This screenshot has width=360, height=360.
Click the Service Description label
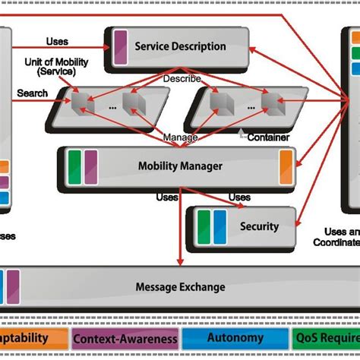pyautogui.click(x=180, y=46)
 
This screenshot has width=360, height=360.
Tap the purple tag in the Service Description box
pyautogui.click(x=121, y=46)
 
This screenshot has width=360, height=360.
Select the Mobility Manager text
pyautogui.click(x=180, y=166)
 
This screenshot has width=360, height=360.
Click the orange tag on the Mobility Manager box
pyautogui.click(x=286, y=164)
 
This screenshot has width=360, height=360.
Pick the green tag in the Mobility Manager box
pyautogui.click(x=74, y=164)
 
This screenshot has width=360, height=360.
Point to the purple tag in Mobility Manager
pyautogui.click(x=90, y=164)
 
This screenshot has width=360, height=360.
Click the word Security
pyautogui.click(x=259, y=226)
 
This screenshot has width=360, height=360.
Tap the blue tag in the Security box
pyautogui.click(x=220, y=225)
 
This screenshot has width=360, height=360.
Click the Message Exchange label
pyautogui.click(x=180, y=286)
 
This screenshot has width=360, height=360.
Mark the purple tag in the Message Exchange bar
pyautogui.click(x=13, y=287)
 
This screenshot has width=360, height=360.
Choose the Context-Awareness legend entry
pyautogui.click(x=126, y=338)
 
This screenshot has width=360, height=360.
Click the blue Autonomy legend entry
pyautogui.click(x=235, y=338)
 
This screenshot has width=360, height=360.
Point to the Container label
pyautogui.click(x=267, y=137)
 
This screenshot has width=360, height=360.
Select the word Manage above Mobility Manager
pyautogui.click(x=179, y=137)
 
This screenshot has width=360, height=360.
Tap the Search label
pyautogui.click(x=33, y=93)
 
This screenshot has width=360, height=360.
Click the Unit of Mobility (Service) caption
pyautogui.click(x=49, y=66)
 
